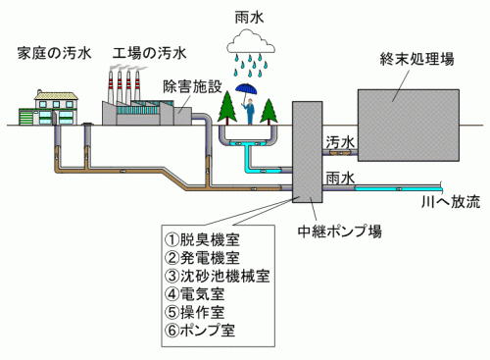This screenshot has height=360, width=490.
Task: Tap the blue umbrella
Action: tap(246, 89)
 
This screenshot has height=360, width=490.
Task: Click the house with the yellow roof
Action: tap(49, 108)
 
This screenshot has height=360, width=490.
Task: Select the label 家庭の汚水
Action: tap(54, 53)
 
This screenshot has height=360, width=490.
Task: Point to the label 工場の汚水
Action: tap(150, 53)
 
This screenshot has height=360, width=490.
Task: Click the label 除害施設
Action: tap(193, 86)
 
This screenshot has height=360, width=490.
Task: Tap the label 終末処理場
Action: tap(417, 59)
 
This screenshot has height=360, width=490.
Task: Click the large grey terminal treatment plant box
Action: tap(409, 126)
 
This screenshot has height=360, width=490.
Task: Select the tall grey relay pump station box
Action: tap(307, 152)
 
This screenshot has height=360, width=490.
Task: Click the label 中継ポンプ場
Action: tap(340, 231)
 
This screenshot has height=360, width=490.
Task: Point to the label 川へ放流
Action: tap(451, 201)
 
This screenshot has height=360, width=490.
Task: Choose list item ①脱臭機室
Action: tap(202, 239)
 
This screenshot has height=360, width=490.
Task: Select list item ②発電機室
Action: tap(202, 258)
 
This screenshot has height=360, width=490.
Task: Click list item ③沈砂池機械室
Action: tap(218, 276)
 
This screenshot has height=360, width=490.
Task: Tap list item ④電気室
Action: tap(195, 294)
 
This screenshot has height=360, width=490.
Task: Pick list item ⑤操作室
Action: tap(195, 312)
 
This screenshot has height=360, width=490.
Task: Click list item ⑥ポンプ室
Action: tap(200, 331)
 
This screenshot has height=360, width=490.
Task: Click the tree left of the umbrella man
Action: tap(227, 107)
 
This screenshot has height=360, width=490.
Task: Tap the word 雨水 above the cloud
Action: tap(250, 18)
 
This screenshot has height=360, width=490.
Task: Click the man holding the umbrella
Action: tap(250, 111)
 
